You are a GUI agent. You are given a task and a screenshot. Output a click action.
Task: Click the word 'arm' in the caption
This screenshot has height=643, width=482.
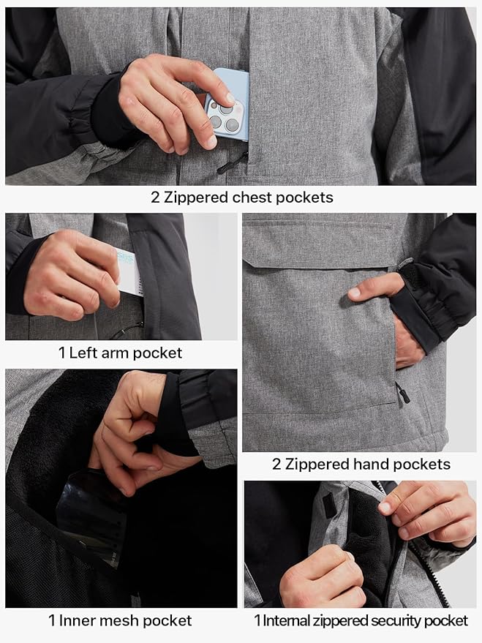120,353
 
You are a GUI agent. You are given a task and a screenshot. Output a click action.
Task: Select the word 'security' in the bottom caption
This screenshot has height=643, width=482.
392,621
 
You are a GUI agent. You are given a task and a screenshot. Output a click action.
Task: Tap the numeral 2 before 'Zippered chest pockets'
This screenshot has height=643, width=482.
155,198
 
